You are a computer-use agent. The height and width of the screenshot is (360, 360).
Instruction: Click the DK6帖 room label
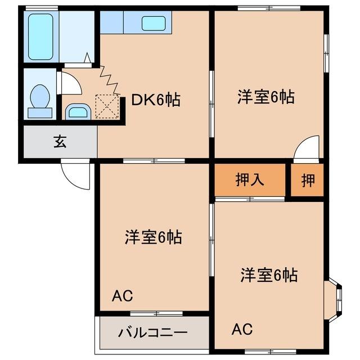tap(156, 100)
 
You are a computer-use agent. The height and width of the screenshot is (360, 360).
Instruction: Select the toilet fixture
tap(40, 100)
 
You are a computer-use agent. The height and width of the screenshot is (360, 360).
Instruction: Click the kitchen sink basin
tap(153, 23)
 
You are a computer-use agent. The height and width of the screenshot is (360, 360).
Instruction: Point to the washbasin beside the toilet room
tap(77, 111)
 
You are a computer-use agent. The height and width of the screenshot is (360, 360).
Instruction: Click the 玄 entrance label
tap(60, 142)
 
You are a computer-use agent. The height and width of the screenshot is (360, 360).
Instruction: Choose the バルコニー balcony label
tap(152, 332)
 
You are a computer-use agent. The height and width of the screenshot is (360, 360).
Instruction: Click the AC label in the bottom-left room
tap(122, 295)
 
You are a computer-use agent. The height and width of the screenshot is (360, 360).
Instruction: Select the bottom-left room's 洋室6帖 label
tap(153, 237)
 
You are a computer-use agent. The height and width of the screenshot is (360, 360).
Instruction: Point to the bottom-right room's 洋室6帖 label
tap(269, 276)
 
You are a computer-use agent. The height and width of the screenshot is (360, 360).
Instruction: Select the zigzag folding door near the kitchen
tap(110, 79)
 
